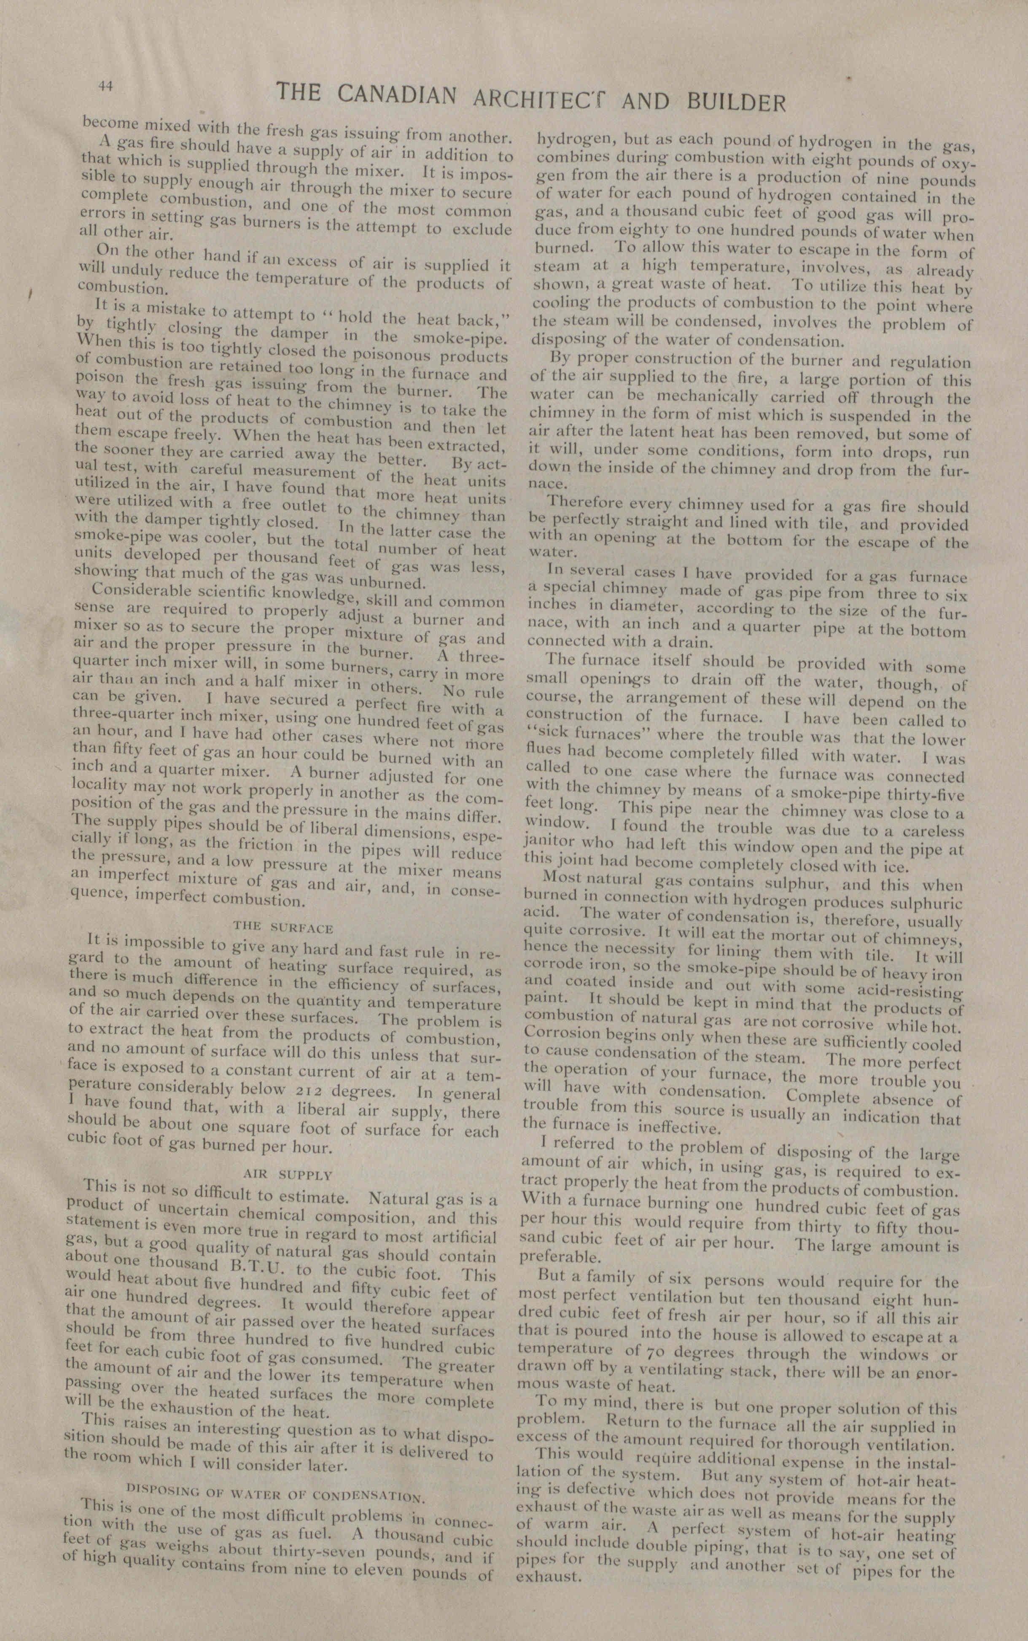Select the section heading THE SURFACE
pyautogui.click(x=283, y=927)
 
